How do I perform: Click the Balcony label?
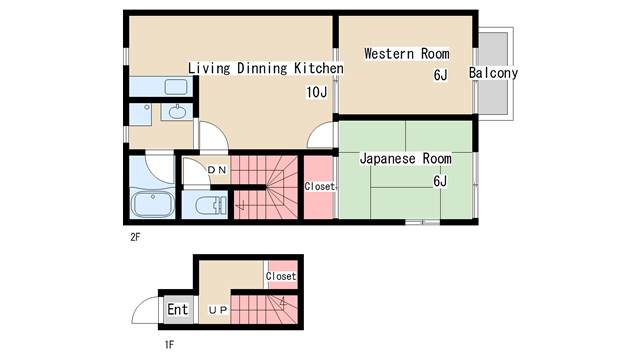(493, 74)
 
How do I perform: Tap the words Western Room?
(406, 53)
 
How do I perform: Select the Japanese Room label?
(404, 158)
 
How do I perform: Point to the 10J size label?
(317, 92)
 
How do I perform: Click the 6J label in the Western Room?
(439, 75)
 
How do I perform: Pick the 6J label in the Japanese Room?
(439, 181)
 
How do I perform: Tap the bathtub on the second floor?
(153, 206)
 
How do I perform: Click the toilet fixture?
(207, 206)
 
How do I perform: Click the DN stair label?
(217, 171)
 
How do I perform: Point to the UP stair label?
(218, 310)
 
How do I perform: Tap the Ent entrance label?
(177, 310)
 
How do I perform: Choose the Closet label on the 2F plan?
(319, 187)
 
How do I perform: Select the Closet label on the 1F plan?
(281, 275)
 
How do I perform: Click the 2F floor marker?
(135, 239)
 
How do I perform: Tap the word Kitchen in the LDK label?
(319, 68)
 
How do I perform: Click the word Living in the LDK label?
(209, 68)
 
